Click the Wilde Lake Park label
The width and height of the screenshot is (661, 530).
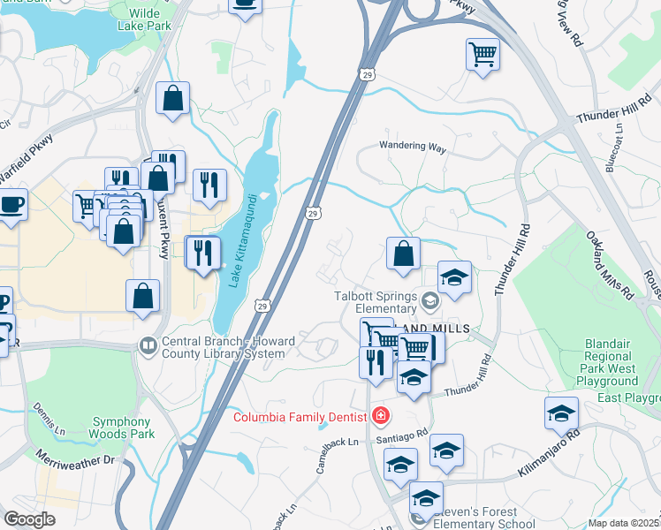coord(144,19)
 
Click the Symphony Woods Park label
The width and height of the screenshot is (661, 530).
coord(122,428)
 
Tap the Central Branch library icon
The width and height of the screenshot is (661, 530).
coord(148,344)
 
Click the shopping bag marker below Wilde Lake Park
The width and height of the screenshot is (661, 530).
coord(172,99)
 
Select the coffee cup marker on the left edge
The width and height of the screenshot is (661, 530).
coord(12,204)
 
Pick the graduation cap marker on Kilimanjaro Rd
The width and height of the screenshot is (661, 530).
coord(561,413)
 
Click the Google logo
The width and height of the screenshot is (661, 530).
coord(30,519)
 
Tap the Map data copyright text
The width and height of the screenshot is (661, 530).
coord(623,522)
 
